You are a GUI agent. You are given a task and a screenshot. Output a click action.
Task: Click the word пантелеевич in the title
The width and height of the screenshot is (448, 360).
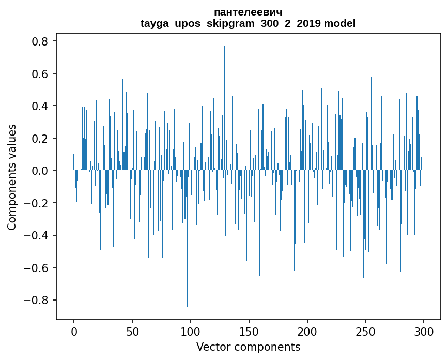point(248,12)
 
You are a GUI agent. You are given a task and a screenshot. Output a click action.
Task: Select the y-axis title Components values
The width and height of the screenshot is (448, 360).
point(12,177)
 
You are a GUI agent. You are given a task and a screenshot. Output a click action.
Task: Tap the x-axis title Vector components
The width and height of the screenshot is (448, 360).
point(248,347)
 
